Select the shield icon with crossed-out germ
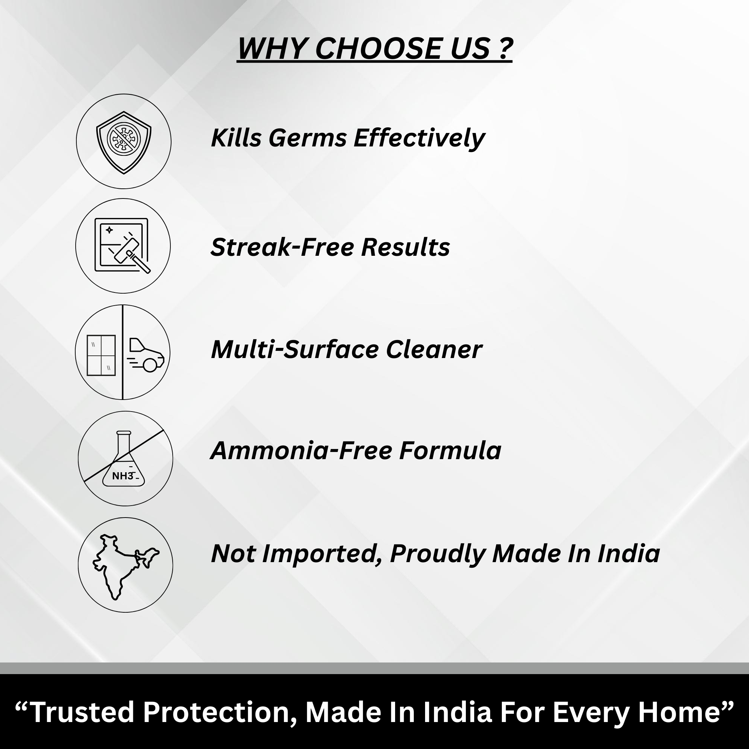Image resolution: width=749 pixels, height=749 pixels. tap(124, 142)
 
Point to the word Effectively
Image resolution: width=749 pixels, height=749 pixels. tap(419, 139)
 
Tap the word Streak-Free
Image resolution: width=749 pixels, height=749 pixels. tap(282, 247)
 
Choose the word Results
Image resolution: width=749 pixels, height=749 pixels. tap(406, 247)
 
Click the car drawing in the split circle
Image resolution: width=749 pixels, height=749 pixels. tap(146, 355)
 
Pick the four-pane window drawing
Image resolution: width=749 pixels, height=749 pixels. tap(101, 355)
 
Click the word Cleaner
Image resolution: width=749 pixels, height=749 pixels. tap(434, 349)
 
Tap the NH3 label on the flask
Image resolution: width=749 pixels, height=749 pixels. tap(122, 476)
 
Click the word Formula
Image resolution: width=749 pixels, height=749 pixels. tap(451, 451)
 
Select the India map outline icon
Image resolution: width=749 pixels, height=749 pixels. tap(125, 567)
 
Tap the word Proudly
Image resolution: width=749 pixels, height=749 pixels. tap(438, 554)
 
